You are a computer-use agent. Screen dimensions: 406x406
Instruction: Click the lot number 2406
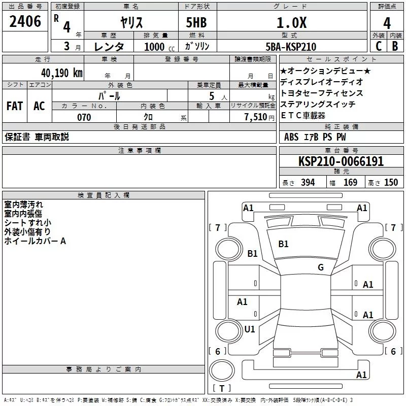tap(25, 21)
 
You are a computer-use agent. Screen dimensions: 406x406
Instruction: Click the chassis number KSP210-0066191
tap(341, 161)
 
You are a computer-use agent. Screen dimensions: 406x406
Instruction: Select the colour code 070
tap(84, 117)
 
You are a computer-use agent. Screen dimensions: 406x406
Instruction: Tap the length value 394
tap(307, 183)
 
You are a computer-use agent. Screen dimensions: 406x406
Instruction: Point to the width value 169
tap(350, 183)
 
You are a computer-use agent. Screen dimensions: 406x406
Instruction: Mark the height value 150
tap(391, 183)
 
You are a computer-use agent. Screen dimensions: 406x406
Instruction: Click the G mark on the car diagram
tap(320, 267)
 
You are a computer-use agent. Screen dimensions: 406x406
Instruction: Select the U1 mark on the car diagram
tap(249, 329)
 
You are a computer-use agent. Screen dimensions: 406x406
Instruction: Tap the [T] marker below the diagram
tap(221, 389)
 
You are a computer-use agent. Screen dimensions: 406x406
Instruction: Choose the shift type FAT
tap(14, 106)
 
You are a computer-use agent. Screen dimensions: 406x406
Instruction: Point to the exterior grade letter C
tap(378, 47)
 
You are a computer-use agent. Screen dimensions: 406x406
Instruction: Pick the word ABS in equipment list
tap(291, 137)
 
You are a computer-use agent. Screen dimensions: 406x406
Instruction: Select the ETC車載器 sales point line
tap(303, 115)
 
